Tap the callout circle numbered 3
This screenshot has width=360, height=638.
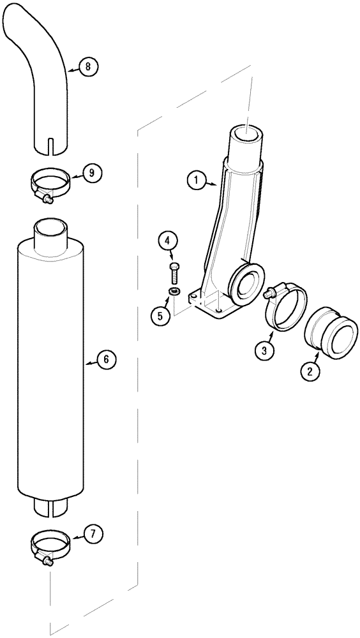click(x=264, y=349)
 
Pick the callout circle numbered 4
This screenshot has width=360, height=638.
click(x=168, y=241)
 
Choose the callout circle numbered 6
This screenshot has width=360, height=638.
click(x=107, y=360)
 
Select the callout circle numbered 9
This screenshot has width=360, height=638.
click(x=92, y=172)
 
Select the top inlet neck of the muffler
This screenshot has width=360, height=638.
click(x=50, y=230)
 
